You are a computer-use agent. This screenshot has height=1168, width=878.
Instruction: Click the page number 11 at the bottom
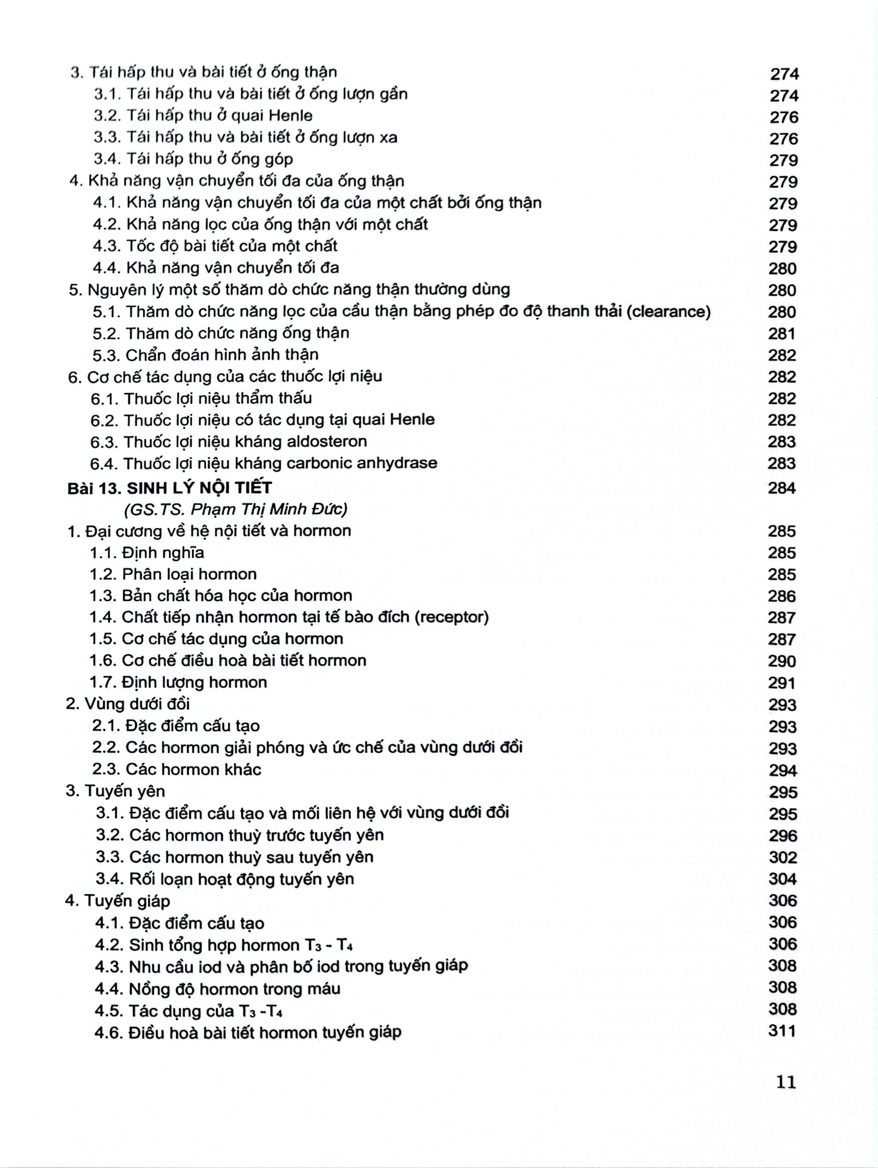(786, 1082)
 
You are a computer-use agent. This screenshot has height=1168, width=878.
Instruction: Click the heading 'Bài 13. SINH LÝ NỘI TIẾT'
(169, 488)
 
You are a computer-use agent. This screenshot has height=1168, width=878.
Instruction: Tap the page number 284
(781, 488)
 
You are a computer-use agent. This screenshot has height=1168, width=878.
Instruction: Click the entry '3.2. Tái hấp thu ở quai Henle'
(203, 116)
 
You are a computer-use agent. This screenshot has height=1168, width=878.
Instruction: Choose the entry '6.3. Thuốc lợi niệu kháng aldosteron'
(229, 441)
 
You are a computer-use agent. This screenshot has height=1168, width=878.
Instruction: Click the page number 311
(782, 1031)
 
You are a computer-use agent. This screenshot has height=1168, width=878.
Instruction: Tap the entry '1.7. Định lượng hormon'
(178, 682)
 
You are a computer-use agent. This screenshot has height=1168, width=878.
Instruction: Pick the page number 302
(782, 857)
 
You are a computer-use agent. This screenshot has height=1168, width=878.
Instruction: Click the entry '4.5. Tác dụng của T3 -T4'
(189, 1011)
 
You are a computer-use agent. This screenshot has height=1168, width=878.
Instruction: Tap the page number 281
(782, 334)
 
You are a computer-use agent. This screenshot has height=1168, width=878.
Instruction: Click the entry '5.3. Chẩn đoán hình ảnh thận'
(205, 355)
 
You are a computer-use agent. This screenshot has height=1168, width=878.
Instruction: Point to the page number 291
(782, 683)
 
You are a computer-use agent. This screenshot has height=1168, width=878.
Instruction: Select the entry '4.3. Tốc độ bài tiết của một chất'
(215, 246)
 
